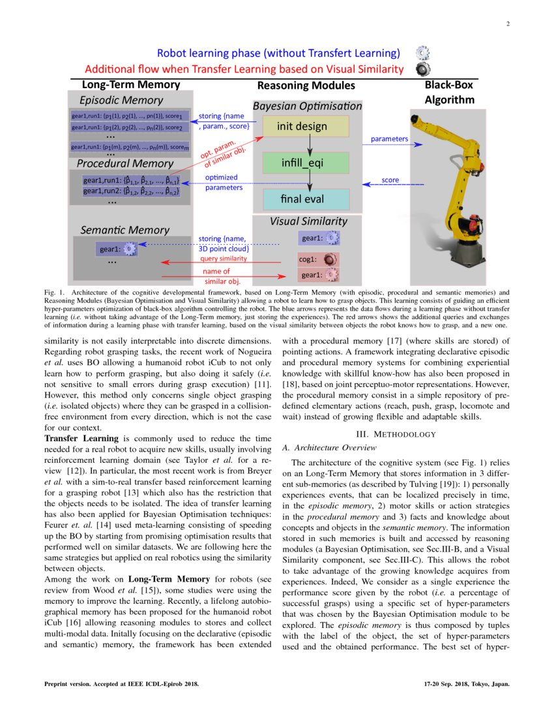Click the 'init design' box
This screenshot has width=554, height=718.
(x=302, y=127)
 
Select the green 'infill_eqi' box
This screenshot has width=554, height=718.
(x=302, y=163)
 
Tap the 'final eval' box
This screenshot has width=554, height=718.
(x=302, y=198)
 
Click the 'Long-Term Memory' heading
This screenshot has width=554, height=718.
(x=130, y=85)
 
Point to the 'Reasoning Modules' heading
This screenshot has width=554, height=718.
(x=306, y=86)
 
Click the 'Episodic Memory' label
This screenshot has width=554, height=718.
(x=121, y=101)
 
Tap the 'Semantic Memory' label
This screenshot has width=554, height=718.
(x=124, y=230)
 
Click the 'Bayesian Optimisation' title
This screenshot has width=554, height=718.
(x=307, y=106)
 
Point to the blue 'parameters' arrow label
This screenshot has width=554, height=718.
(x=389, y=139)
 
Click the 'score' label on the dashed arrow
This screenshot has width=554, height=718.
(x=390, y=179)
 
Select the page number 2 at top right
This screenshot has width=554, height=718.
(x=507, y=24)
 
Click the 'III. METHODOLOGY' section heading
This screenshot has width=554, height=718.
(x=396, y=434)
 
